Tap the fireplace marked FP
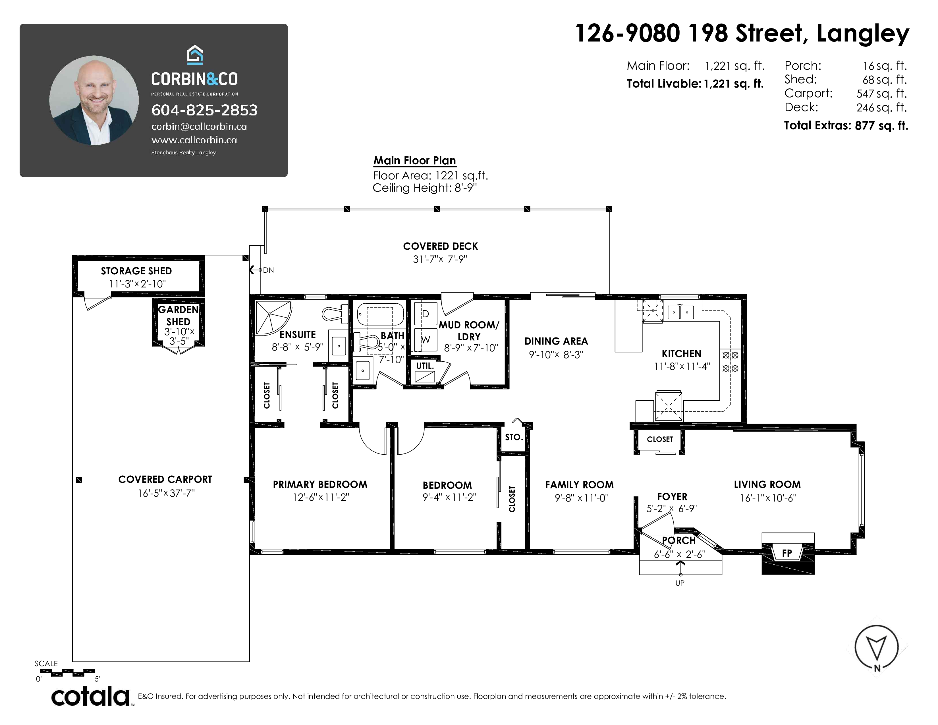click(788, 553)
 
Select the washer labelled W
click(426, 340)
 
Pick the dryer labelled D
click(426, 314)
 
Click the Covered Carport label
click(165, 479)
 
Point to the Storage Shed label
click(136, 271)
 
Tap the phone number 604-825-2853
click(204, 110)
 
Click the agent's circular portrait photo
click(94, 100)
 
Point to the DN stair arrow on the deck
click(256, 270)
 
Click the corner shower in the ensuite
click(273, 318)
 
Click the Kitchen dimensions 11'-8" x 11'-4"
click(682, 366)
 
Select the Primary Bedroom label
click(320, 484)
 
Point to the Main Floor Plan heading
click(414, 161)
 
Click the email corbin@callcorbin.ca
click(199, 127)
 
